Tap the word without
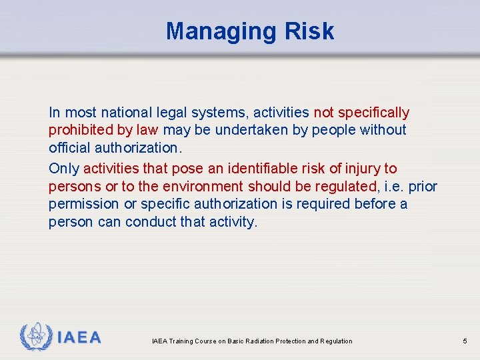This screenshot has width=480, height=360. coord(383,130)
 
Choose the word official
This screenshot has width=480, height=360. coord(69,147)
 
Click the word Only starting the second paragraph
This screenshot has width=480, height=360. coord(64,169)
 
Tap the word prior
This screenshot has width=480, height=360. coord(423,187)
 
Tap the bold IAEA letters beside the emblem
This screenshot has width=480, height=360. coord(79,338)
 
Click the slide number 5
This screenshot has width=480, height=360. coord(465,341)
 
